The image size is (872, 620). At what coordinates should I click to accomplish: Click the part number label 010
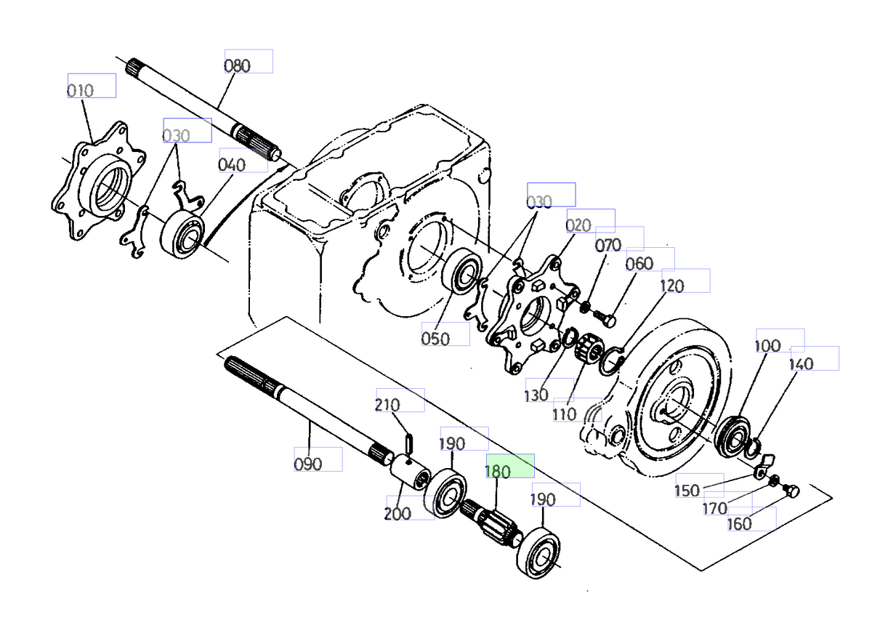pyautogui.click(x=81, y=91)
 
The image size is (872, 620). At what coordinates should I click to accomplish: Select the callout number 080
pyautogui.click(x=237, y=65)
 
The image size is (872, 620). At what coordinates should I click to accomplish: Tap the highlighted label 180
pyautogui.click(x=498, y=471)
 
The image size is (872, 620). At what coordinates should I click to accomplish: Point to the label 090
pyautogui.click(x=307, y=464)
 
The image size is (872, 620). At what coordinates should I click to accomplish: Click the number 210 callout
pyautogui.click(x=389, y=404)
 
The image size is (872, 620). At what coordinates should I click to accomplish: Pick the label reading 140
pyautogui.click(x=801, y=364)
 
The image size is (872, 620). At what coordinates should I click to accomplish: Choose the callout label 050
pyautogui.click(x=435, y=339)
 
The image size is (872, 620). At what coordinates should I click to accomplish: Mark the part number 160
pyautogui.click(x=740, y=523)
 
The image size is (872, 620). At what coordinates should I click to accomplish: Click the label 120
pyautogui.click(x=672, y=286)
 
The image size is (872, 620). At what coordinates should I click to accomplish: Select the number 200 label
pyautogui.click(x=397, y=513)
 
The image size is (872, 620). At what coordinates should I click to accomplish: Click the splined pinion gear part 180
pyautogui.click(x=495, y=522)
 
